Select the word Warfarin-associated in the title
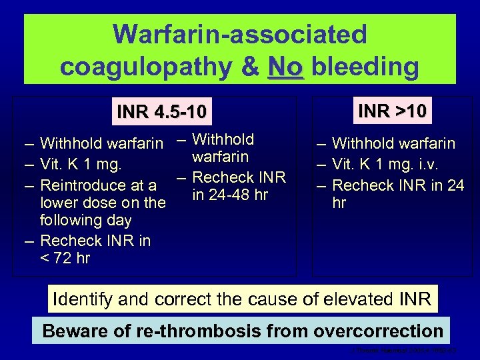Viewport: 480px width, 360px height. pyautogui.click(x=240, y=34)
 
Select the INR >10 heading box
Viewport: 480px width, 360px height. pyautogui.click(x=393, y=109)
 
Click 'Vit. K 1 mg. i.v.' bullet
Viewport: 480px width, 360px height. pyautogui.click(x=389, y=164)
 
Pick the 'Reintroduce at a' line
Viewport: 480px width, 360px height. pyautogui.click(x=98, y=185)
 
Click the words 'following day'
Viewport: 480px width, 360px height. pyautogui.click(x=86, y=220)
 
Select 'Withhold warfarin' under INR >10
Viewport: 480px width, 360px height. pyautogui.click(x=393, y=143)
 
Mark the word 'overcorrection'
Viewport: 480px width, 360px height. pyautogui.click(x=379, y=331)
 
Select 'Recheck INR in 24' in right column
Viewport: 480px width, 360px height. pyautogui.click(x=398, y=185)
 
